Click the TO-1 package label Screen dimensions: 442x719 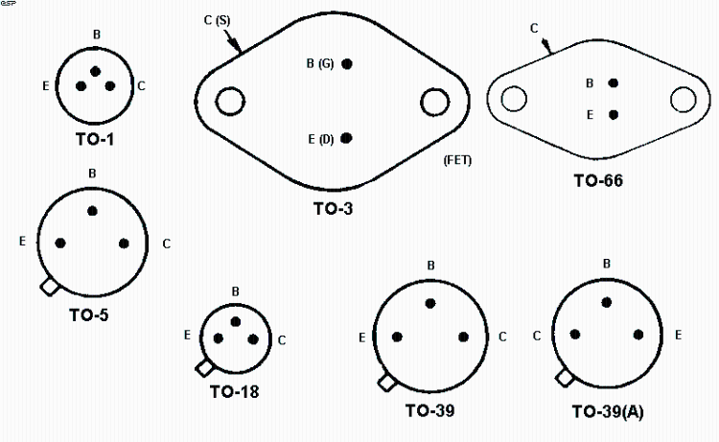(x=95, y=139)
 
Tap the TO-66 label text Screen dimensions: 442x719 (x=598, y=179)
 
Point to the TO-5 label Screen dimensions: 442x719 (x=88, y=314)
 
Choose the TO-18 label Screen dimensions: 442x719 (x=234, y=391)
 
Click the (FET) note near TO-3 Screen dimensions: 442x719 (x=457, y=161)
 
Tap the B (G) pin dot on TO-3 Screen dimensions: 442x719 (x=346, y=64)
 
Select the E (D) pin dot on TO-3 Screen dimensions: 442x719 (x=346, y=138)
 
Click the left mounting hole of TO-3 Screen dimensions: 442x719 (x=228, y=101)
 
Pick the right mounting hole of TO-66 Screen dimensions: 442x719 (x=683, y=99)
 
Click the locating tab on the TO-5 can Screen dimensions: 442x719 (x=49, y=287)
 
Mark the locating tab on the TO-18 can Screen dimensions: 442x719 (x=203, y=368)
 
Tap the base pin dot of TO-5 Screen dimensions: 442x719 (x=92, y=211)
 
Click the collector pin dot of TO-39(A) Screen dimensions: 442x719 (x=574, y=335)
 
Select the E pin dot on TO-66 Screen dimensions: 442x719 (x=614, y=115)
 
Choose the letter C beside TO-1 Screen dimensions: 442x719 (x=141, y=86)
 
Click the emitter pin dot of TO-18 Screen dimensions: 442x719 (x=220, y=338)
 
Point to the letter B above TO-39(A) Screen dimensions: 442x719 (x=607, y=263)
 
